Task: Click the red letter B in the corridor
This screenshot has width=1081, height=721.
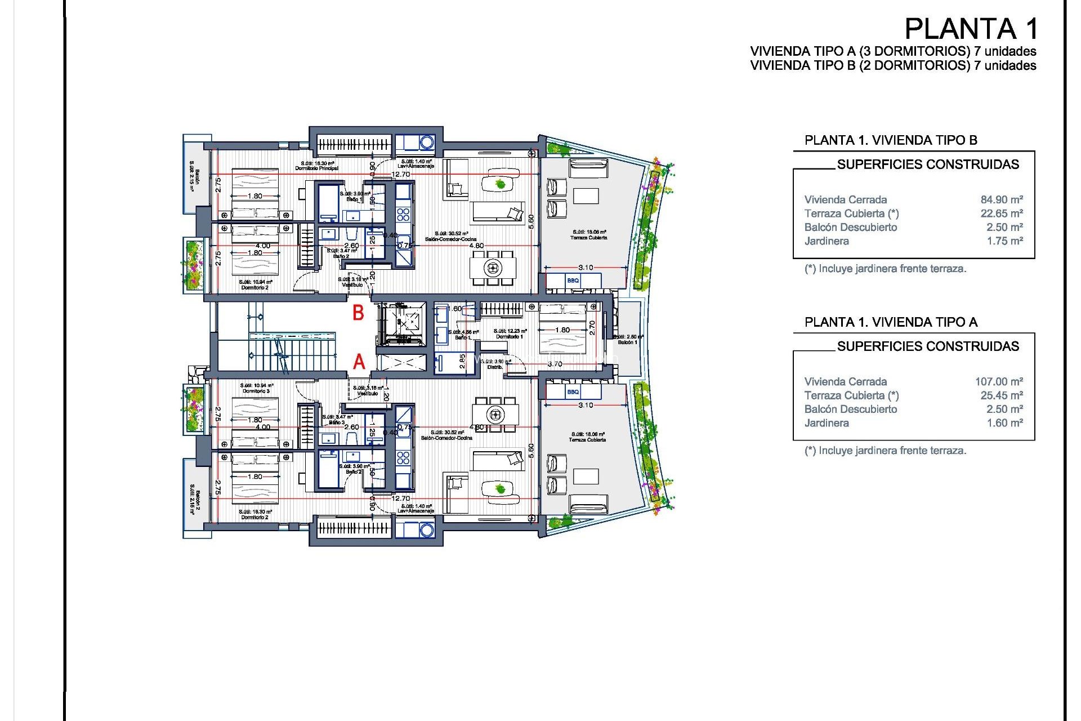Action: [x=358, y=313]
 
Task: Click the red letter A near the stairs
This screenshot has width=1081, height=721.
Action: [x=359, y=362]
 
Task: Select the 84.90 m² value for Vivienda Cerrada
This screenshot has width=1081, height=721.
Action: [x=1001, y=200]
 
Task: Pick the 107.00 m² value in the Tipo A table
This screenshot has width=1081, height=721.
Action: [x=998, y=382]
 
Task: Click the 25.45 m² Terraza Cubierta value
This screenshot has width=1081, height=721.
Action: [x=1001, y=395]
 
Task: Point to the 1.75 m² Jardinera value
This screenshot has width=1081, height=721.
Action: [x=1004, y=241]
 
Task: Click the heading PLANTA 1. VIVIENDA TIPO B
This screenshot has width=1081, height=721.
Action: [x=890, y=140]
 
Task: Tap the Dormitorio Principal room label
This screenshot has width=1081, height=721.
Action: [x=316, y=168]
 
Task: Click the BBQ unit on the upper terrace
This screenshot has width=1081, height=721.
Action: [x=573, y=281]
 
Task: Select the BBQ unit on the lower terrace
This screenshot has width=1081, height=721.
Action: [x=573, y=392]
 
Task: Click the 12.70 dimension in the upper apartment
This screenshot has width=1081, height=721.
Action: [x=401, y=175]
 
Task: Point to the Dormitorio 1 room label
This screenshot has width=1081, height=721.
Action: [x=510, y=337]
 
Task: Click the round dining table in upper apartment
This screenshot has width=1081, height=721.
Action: [x=493, y=268]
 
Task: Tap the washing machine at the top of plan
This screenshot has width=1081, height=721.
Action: [x=426, y=142]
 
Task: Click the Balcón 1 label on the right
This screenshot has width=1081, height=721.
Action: [x=627, y=342]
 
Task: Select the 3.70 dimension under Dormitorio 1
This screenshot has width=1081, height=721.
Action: [x=555, y=364]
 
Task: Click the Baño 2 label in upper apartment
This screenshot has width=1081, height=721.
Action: [x=341, y=256]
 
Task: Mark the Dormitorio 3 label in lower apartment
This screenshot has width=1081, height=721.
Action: [x=256, y=391]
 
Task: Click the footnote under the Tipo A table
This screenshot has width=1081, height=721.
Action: [x=885, y=451]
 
